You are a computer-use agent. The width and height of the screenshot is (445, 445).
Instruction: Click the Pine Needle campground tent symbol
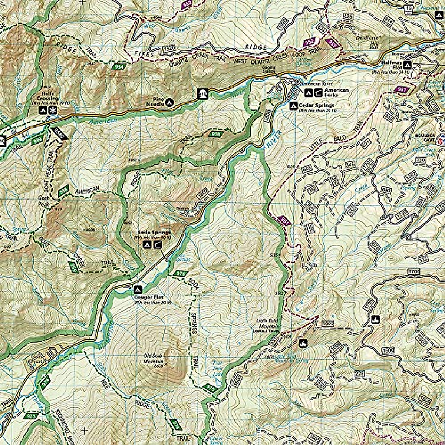tap(169, 101)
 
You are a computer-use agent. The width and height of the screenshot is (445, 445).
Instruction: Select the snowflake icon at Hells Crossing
tap(53, 111)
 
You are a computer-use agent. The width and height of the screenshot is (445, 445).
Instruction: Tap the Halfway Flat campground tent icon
tap(408, 66)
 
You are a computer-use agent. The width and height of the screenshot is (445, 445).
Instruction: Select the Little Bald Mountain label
tap(267, 323)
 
